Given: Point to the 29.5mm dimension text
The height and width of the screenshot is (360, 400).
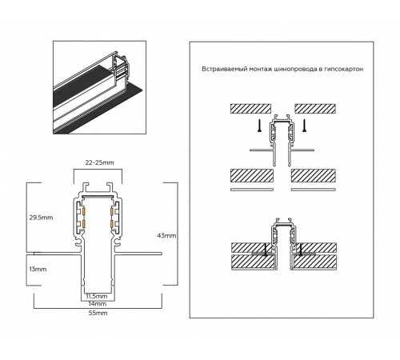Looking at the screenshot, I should (x=40, y=218).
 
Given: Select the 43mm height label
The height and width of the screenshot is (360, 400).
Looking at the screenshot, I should (x=167, y=236).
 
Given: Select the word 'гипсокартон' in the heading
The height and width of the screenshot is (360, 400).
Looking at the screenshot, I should (x=341, y=70).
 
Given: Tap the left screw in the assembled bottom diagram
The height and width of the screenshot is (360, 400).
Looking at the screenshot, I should (x=264, y=250).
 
